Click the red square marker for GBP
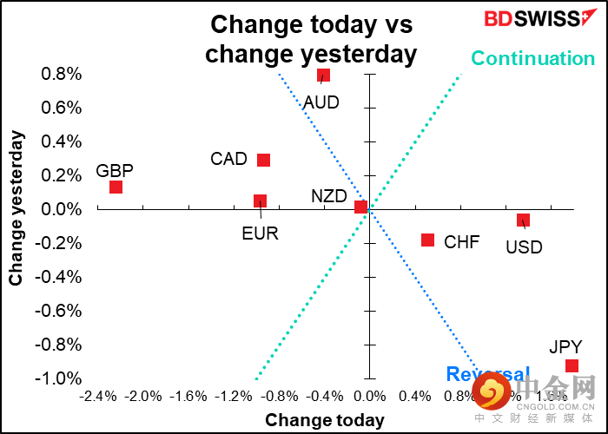[x=116, y=187]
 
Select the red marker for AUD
[x=323, y=76]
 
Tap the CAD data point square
[x=263, y=160]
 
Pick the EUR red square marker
[x=260, y=201]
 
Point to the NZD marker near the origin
[x=360, y=207]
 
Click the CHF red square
[x=427, y=240]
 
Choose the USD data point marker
[x=522, y=220]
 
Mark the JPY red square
[x=571, y=365]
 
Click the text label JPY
[x=565, y=347]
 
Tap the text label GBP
[x=115, y=171]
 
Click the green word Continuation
[x=532, y=58]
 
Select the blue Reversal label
[x=487, y=375]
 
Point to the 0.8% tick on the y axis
[x=61, y=75]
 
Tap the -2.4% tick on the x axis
[x=97, y=397]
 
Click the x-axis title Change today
[x=324, y=420]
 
